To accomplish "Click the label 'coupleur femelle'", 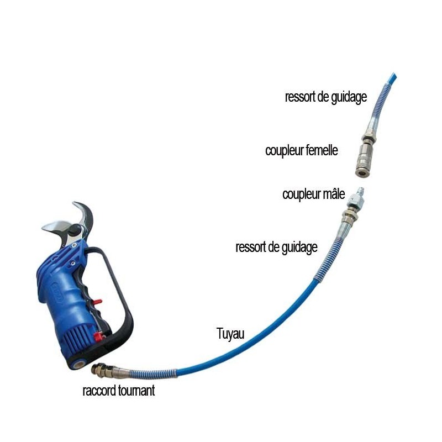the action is click(301, 150).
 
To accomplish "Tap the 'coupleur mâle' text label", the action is click(313, 194).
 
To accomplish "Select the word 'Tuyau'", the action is click(230, 334).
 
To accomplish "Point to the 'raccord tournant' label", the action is click(119, 391).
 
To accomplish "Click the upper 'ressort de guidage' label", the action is click(326, 97).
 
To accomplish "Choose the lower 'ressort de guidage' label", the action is click(277, 248).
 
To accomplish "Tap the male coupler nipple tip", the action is click(360, 190).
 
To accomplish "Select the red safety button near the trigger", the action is click(98, 302).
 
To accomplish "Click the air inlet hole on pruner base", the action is click(79, 364).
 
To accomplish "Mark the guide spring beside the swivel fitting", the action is click(153, 373).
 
